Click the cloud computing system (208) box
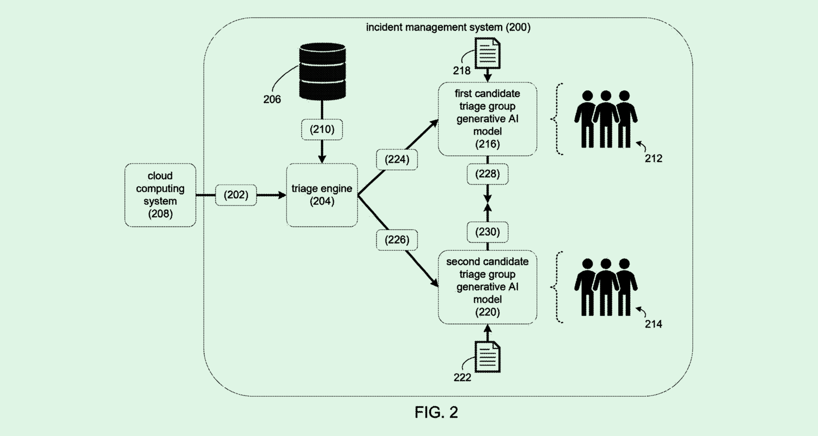click(160, 195)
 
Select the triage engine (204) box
click(322, 195)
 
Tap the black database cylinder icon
click(322, 71)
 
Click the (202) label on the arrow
click(236, 195)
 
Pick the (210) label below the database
click(322, 129)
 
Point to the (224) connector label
click(397, 160)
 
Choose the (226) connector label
click(397, 240)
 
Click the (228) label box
click(487, 174)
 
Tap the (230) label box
click(487, 232)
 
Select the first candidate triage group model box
click(487, 119)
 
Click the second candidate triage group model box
click(487, 287)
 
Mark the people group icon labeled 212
click(605, 119)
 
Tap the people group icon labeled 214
click(605, 287)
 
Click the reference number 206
click(272, 100)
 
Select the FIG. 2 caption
click(436, 412)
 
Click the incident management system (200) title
click(448, 28)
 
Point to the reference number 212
click(653, 159)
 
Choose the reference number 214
click(653, 324)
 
